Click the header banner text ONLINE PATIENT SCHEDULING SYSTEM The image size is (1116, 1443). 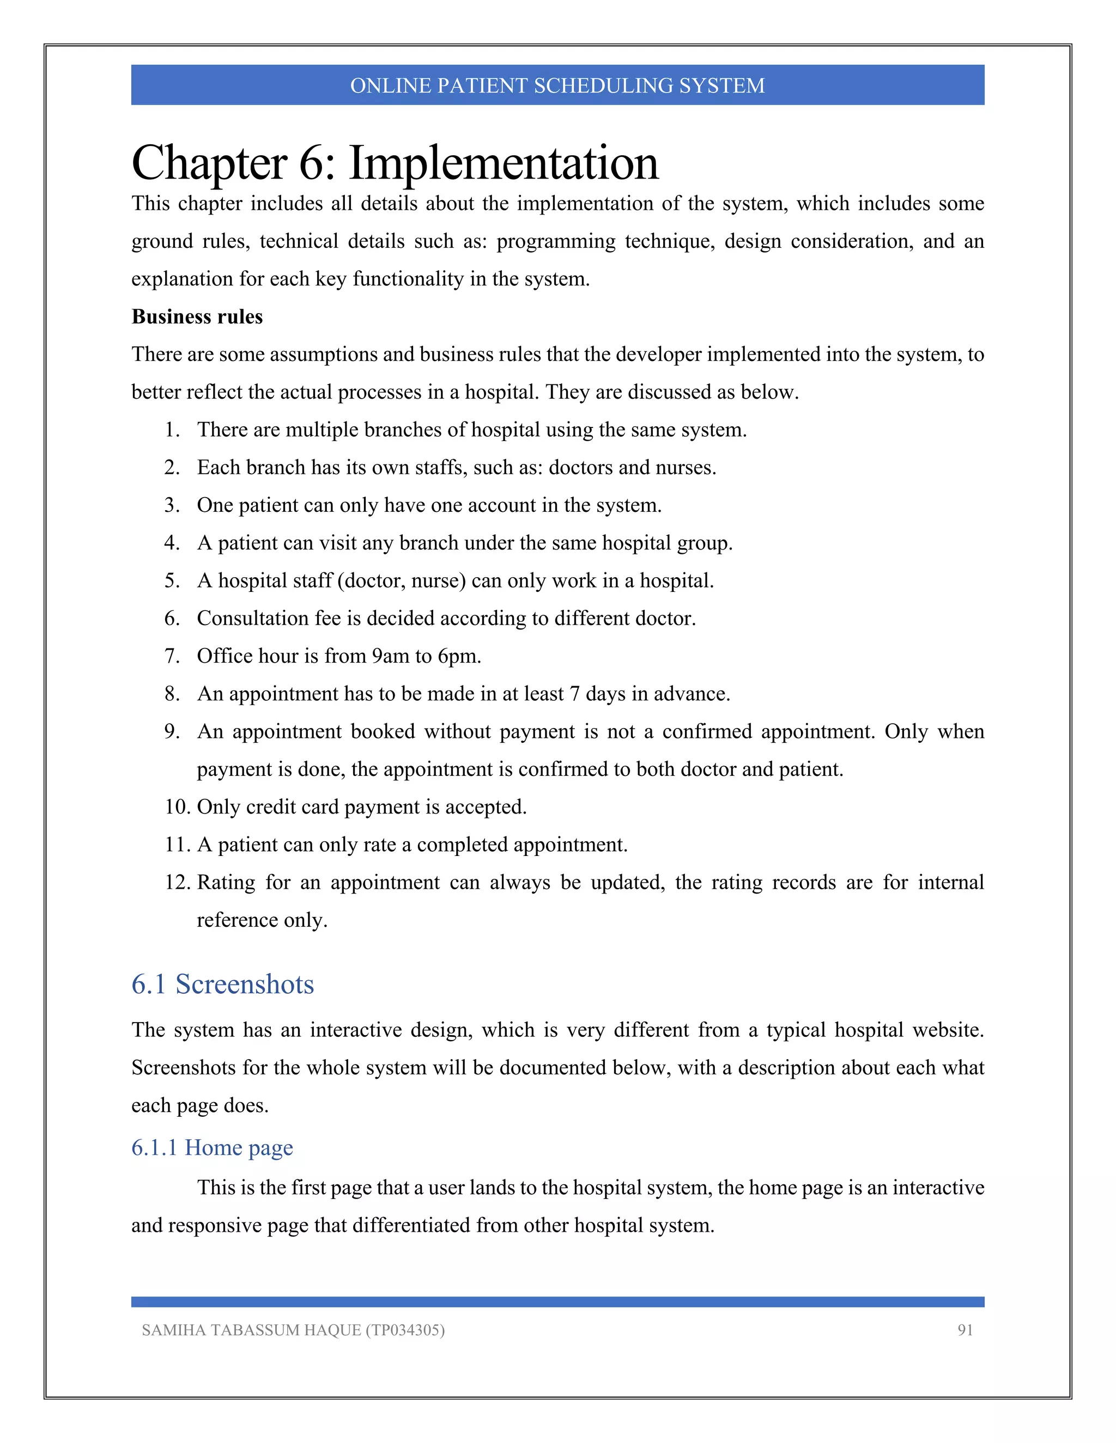pyautogui.click(x=557, y=86)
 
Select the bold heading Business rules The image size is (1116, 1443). pyautogui.click(x=197, y=317)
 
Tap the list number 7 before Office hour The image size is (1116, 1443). pyautogui.click(x=172, y=656)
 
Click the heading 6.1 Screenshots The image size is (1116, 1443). pyautogui.click(x=222, y=985)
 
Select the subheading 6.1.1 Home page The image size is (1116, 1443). pyautogui.click(x=211, y=1148)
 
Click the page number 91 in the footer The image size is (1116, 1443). pyautogui.click(x=965, y=1330)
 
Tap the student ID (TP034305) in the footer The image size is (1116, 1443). pyautogui.click(x=405, y=1330)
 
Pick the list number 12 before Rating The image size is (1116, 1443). pyautogui.click(x=177, y=883)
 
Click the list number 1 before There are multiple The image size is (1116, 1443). pyautogui.click(x=172, y=430)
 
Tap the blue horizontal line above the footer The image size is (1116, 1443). pyautogui.click(x=557, y=1301)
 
